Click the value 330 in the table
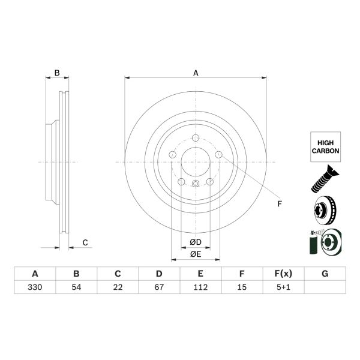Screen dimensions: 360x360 [x=35, y=287]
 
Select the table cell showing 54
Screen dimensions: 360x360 [x=76, y=287]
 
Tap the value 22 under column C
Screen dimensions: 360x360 [x=118, y=287]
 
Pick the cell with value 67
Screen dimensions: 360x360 [x=159, y=287]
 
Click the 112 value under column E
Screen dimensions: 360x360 [x=200, y=287]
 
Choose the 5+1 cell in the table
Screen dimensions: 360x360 [x=283, y=287]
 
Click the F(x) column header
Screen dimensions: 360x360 [x=283, y=274]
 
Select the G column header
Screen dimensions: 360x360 [x=325, y=274]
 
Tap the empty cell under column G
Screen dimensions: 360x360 [x=325, y=287]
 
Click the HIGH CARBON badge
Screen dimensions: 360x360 [x=325, y=146]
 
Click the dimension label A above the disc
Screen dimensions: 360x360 [x=196, y=73]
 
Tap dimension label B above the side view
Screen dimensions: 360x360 [x=57, y=73]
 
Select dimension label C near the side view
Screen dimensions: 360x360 [x=85, y=242]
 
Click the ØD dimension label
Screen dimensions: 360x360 [x=196, y=242]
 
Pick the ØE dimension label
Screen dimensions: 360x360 [x=196, y=254]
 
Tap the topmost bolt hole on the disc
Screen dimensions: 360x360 [x=196, y=139]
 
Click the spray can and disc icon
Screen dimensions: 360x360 [x=324, y=244]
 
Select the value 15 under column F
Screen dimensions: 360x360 [x=242, y=287]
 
